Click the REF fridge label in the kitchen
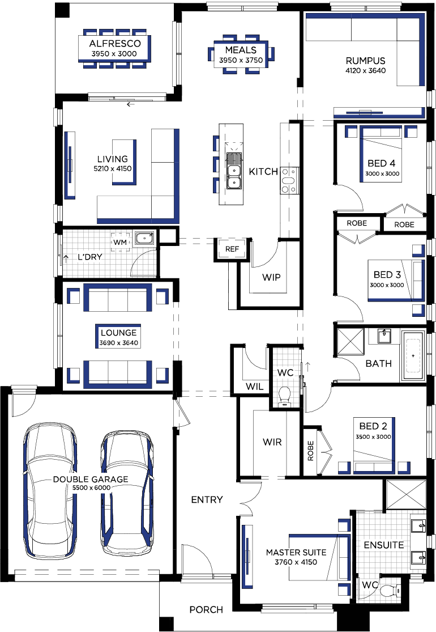[x=232, y=249]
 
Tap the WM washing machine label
[x=120, y=242]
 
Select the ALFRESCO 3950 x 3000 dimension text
[x=114, y=54]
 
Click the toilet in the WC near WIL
[x=285, y=396]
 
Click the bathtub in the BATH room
[x=413, y=355]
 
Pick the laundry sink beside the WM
[x=144, y=238]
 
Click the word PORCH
[x=206, y=610]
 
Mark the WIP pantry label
[x=271, y=277]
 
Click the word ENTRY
[x=207, y=500]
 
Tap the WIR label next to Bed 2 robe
[x=272, y=442]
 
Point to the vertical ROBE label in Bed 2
[x=310, y=451]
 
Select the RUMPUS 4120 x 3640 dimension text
[x=366, y=70]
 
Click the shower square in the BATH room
[x=350, y=342]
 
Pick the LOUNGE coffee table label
[x=119, y=333]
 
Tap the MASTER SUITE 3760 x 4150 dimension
[x=296, y=562]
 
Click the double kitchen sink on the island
[x=233, y=171]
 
